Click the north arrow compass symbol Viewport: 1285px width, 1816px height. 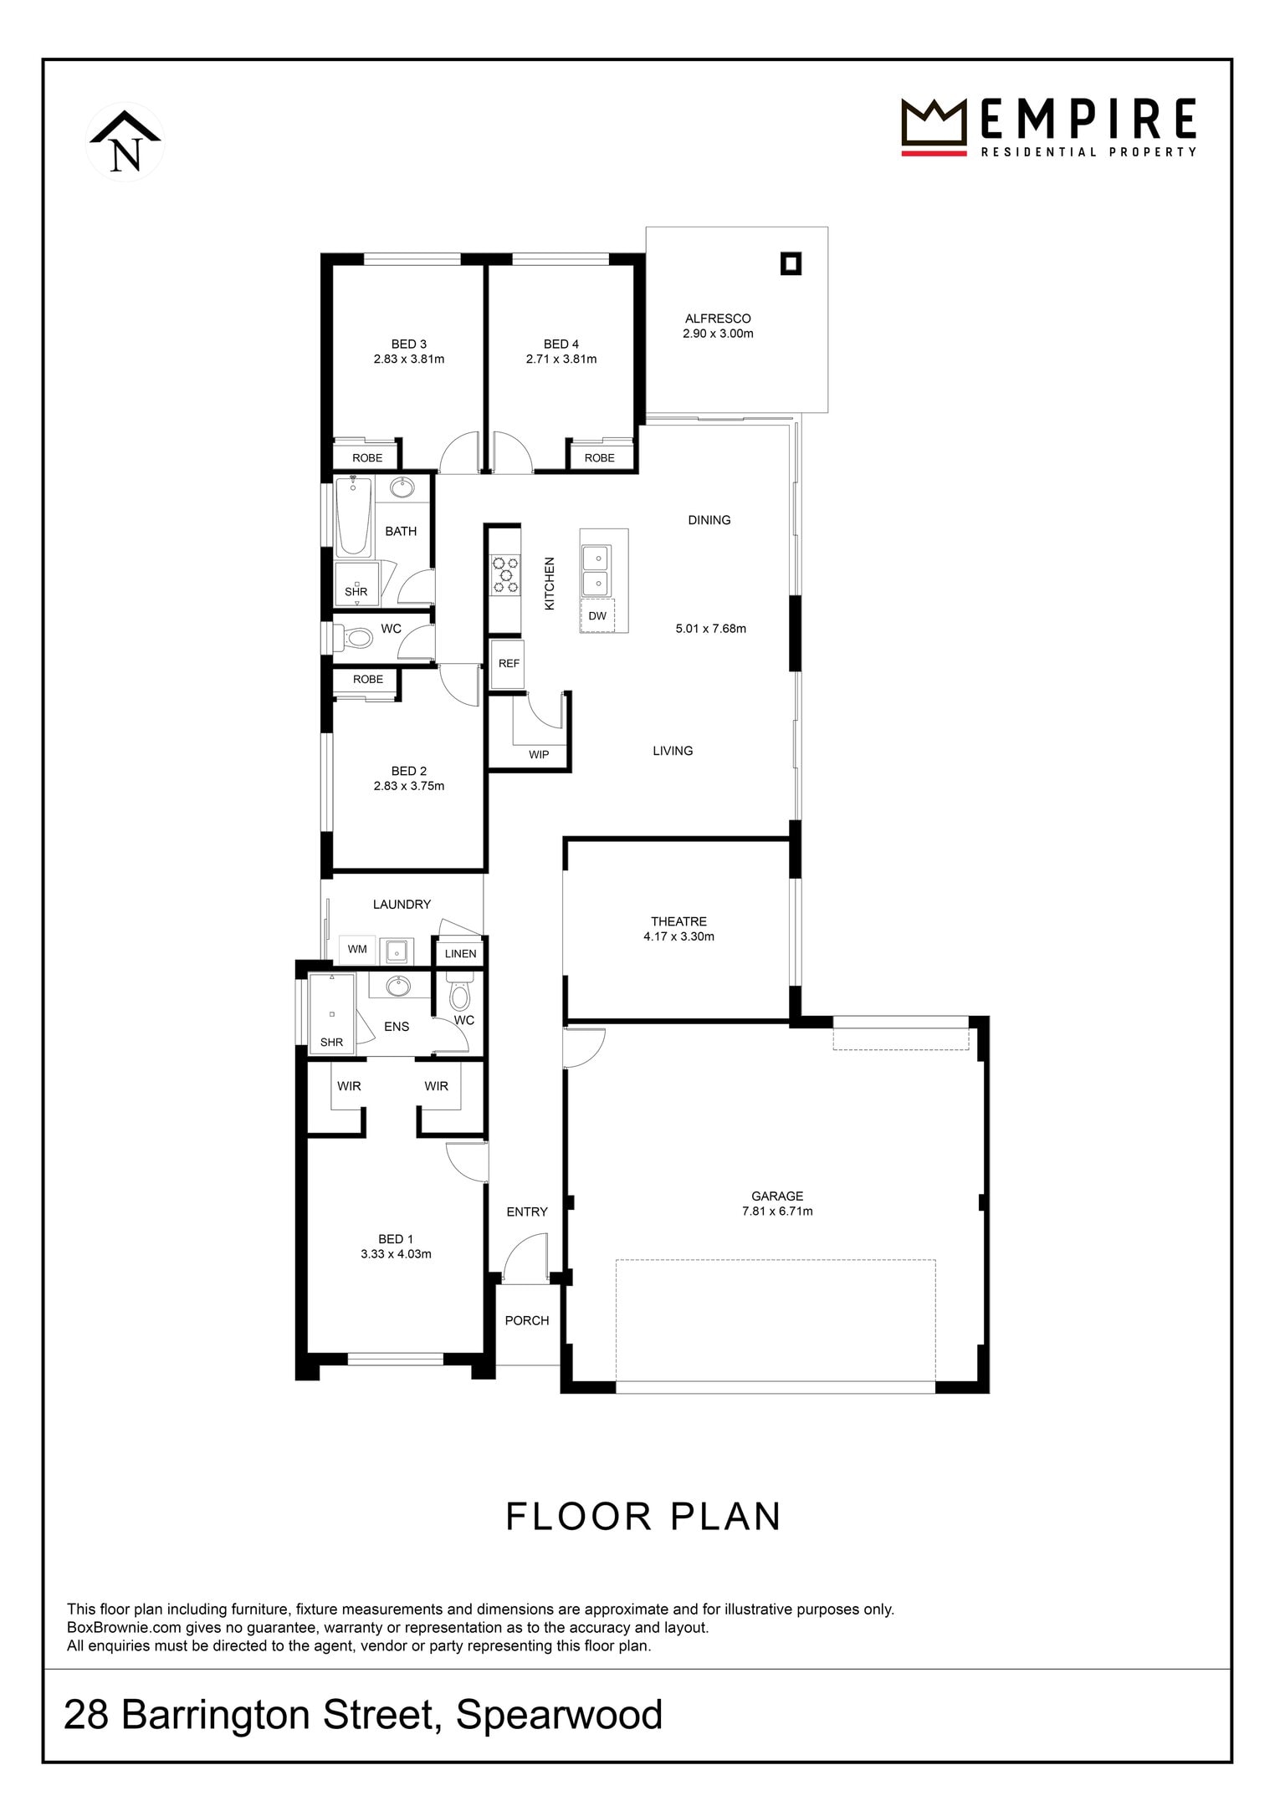tap(125, 142)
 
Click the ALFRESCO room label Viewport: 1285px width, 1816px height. tap(718, 318)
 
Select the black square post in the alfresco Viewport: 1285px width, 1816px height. tap(791, 264)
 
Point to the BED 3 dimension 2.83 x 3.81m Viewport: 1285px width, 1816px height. tap(409, 360)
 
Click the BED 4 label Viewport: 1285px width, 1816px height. tap(561, 344)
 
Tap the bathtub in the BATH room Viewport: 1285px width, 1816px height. tap(354, 517)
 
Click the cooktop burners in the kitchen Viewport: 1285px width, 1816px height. tap(505, 575)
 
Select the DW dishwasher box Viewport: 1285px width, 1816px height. tap(597, 616)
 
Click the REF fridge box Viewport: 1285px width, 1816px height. tap(509, 663)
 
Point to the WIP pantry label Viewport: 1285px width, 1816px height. tap(539, 754)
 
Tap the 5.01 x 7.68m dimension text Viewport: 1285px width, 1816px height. tap(711, 628)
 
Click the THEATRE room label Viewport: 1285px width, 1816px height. tap(679, 921)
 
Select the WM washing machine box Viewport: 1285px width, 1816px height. tap(357, 949)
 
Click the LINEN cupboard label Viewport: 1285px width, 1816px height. tap(461, 953)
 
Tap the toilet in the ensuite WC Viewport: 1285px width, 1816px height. tap(459, 990)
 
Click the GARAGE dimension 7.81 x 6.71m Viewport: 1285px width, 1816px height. tap(777, 1211)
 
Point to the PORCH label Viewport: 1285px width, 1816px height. tap(527, 1320)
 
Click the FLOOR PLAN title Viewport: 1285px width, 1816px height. tap(643, 1517)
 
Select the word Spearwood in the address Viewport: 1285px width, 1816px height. tap(560, 1715)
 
